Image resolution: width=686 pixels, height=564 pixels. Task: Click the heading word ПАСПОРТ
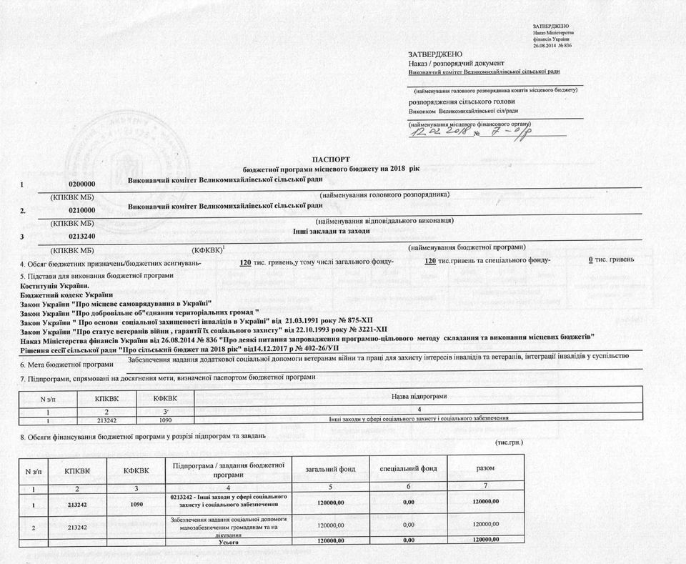click(331, 158)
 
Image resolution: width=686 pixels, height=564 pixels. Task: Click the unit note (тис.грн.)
click(509, 442)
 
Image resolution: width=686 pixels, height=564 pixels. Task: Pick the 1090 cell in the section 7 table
click(165, 420)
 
